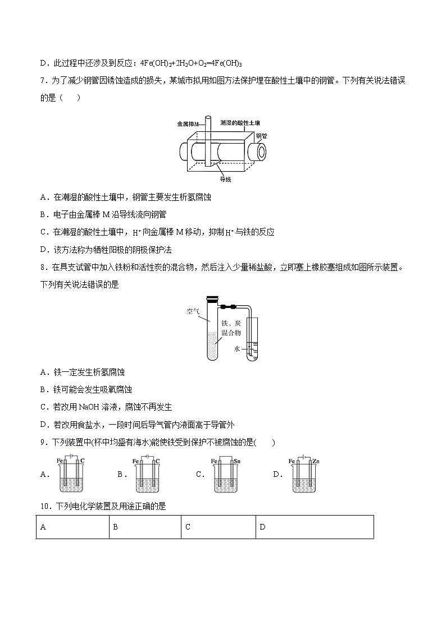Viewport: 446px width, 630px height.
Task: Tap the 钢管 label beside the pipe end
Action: [261, 136]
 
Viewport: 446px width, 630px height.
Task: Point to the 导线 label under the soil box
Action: [225, 179]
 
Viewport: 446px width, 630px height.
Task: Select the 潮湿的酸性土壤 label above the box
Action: [240, 122]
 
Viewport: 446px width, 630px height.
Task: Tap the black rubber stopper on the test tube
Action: [212, 300]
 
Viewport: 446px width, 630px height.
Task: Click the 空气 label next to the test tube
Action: [193, 310]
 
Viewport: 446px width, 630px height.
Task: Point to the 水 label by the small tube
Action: [237, 348]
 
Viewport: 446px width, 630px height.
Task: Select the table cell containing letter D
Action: [314, 527]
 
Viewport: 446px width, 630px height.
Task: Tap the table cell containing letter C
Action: [218, 527]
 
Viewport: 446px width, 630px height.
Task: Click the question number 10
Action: [45, 507]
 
